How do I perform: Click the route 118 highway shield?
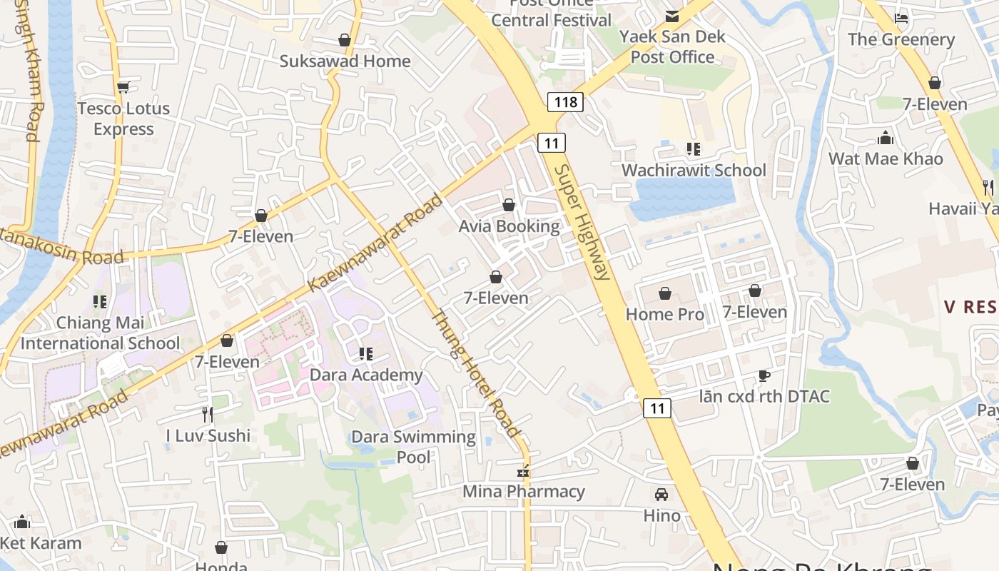point(565,102)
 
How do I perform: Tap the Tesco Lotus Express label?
point(123,118)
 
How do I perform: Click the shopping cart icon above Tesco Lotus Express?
point(123,87)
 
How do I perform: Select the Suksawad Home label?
point(345,61)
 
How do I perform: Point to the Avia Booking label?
point(509,226)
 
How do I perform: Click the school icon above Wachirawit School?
point(694,149)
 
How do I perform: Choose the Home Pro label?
point(664,314)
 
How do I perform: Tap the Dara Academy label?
point(366,375)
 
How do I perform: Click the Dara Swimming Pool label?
point(413,446)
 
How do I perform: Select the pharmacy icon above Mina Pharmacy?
point(524,471)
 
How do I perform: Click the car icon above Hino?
point(661,494)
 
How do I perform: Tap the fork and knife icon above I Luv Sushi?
point(208,414)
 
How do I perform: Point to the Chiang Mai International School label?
point(101,333)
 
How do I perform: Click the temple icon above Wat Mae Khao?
point(886,137)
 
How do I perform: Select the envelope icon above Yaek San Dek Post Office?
point(672,16)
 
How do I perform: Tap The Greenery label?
point(901,39)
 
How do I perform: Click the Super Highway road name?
point(582,222)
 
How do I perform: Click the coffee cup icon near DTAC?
point(764,375)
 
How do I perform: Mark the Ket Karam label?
point(41,542)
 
